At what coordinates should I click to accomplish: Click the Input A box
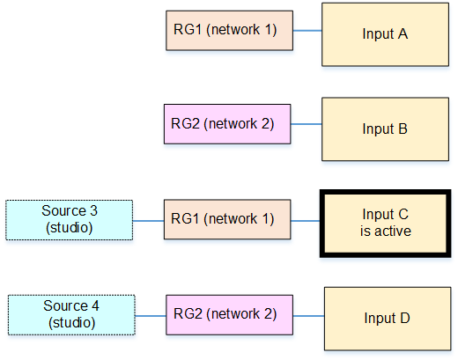385,34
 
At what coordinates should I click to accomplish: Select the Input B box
385,129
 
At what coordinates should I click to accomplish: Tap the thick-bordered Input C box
385,224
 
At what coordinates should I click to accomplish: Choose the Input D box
388,319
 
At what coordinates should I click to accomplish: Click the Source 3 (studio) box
70,220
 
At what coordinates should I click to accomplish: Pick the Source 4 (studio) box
71,315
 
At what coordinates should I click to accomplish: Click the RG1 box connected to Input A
229,31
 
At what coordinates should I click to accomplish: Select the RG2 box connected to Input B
227,124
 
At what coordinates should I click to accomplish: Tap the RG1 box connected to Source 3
227,219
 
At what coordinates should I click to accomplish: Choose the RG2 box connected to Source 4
229,315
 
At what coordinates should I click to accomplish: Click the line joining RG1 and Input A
307,31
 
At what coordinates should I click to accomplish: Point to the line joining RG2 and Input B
307,124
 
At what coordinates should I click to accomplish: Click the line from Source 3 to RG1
148,221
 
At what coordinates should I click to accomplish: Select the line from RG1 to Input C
306,221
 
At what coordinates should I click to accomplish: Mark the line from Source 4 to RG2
151,316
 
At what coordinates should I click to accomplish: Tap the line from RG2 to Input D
308,316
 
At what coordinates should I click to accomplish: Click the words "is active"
386,231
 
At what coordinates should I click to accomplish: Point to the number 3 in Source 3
93,210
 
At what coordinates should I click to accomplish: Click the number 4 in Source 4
95,305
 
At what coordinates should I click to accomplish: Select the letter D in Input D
405,318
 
